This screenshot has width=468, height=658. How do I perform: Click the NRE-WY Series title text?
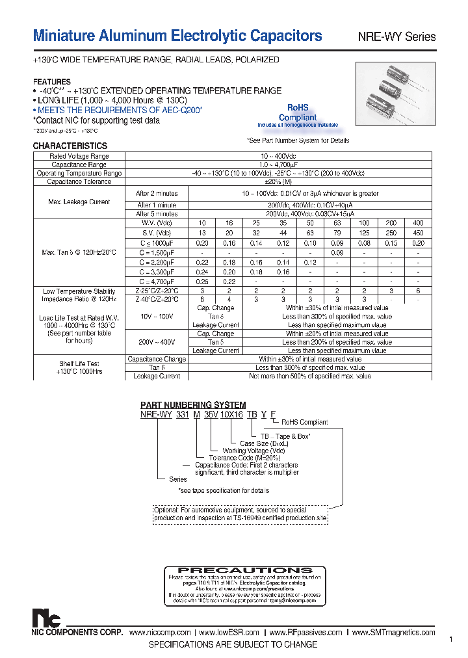pyautogui.click(x=396, y=37)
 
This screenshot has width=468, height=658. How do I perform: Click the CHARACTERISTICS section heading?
pyautogui.click(x=70, y=146)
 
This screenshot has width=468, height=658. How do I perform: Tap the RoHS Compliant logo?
pyautogui.click(x=297, y=114)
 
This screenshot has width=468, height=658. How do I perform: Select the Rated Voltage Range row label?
pyautogui.click(x=79, y=157)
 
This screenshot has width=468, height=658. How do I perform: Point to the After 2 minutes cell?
pyautogui.click(x=156, y=194)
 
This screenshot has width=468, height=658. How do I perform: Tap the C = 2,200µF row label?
pyautogui.click(x=156, y=262)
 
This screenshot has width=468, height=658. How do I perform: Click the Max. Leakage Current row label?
pyautogui.click(x=79, y=202)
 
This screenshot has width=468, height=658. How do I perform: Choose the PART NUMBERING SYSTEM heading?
pyautogui.click(x=193, y=405)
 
